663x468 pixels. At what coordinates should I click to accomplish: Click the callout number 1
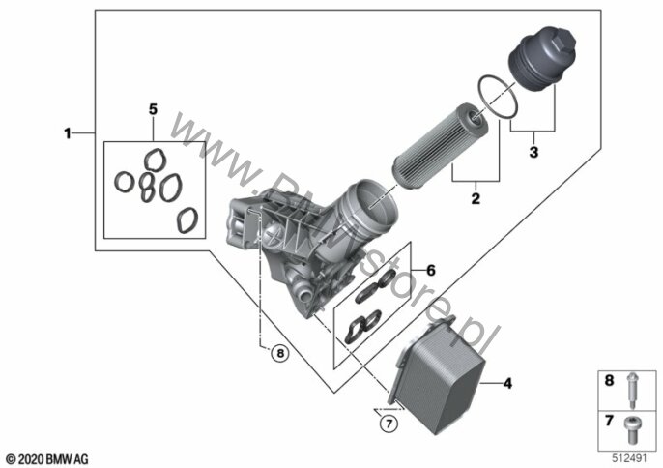click(68, 133)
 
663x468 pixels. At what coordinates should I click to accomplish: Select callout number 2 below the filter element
click(476, 199)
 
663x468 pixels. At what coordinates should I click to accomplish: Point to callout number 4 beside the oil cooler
click(507, 384)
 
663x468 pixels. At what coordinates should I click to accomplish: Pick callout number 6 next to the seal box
click(431, 271)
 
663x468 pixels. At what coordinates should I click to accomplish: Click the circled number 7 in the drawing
click(388, 424)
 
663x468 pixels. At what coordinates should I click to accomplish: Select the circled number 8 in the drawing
click(278, 354)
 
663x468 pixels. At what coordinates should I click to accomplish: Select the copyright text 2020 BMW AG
click(46, 456)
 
